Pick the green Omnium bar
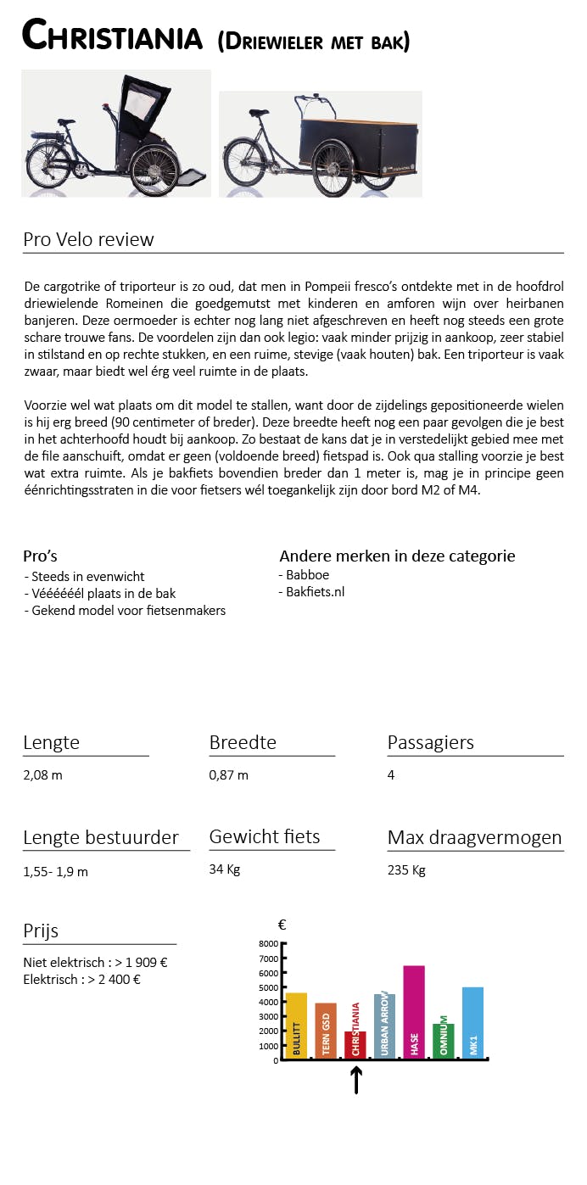[443, 1040]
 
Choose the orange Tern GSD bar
[326, 1030]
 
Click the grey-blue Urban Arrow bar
[384, 1026]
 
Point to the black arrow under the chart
[356, 1080]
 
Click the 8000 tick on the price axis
[268, 943]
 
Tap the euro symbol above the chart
[282, 925]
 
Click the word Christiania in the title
[112, 37]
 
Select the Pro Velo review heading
[88, 239]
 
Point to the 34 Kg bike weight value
[225, 869]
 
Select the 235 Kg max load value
[406, 870]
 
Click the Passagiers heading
[430, 742]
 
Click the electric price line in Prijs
[81, 979]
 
